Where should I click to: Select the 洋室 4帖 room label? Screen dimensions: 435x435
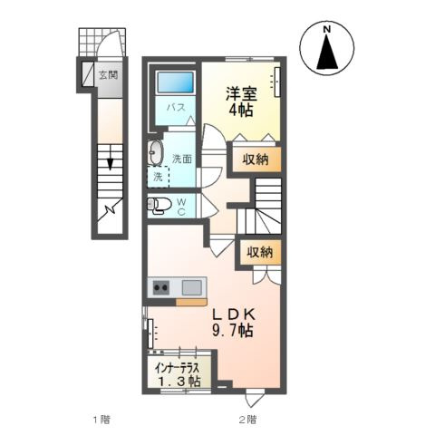tap(240, 98)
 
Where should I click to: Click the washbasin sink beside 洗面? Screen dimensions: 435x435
tap(154, 151)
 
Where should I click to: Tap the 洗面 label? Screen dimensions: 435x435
tap(182, 159)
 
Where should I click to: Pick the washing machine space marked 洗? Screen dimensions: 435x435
tap(159, 178)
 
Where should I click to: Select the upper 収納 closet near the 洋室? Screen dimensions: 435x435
tap(254, 160)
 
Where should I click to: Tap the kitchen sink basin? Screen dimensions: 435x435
tap(191, 288)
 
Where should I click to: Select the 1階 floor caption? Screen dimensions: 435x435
tap(101, 420)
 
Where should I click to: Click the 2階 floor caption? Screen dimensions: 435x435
tap(248, 420)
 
